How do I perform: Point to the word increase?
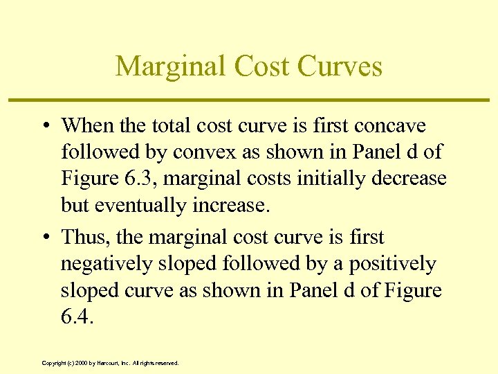coord(230,205)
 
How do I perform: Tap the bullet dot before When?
coord(44,126)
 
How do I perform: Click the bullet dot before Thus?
coord(44,238)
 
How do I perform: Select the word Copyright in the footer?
coord(53,363)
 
